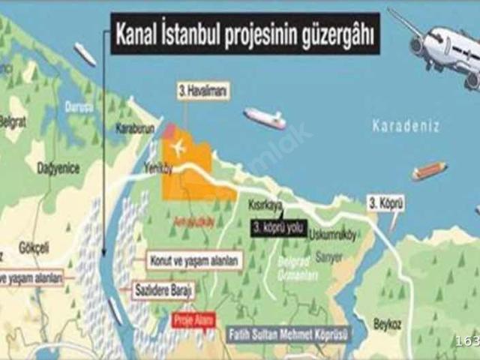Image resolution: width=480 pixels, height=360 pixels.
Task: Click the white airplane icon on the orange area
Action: click(x=178, y=147)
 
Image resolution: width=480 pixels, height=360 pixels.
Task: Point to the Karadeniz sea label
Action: click(x=406, y=125)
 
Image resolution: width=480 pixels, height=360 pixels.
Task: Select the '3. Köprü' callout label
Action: click(x=386, y=202)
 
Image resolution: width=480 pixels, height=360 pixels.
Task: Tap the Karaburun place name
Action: click(x=134, y=129)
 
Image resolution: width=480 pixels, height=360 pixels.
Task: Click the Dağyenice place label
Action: click(x=58, y=169)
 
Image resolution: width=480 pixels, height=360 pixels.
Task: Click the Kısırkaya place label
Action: click(x=266, y=203)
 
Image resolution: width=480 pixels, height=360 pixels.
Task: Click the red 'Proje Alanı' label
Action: click(x=193, y=319)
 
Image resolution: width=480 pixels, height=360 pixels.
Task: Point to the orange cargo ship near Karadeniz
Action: click(x=429, y=171)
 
